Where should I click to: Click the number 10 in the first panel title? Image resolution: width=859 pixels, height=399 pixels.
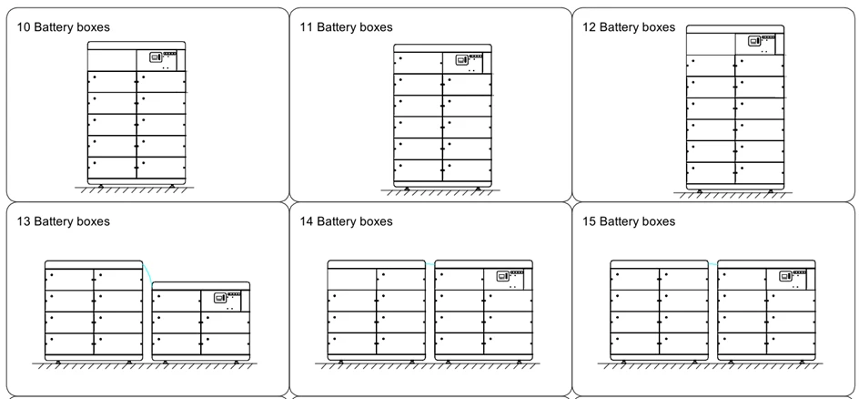[24, 27]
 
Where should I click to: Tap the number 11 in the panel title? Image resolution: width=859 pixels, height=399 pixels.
[307, 27]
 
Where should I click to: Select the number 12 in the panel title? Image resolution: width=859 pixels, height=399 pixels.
[589, 27]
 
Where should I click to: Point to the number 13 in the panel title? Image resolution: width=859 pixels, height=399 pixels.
[24, 221]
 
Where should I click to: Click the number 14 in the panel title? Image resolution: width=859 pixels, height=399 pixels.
[307, 221]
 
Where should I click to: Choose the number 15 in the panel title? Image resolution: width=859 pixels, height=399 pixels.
[589, 221]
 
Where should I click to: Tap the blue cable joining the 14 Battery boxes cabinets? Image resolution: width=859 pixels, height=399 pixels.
[430, 265]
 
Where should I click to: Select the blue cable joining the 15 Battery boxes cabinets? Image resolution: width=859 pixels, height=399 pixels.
[712, 265]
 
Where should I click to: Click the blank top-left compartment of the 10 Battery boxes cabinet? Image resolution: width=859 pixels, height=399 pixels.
[112, 60]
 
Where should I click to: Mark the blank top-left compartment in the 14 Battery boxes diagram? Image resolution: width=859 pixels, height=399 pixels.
[352, 280]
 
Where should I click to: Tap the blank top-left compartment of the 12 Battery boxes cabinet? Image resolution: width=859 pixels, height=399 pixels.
[711, 44]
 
